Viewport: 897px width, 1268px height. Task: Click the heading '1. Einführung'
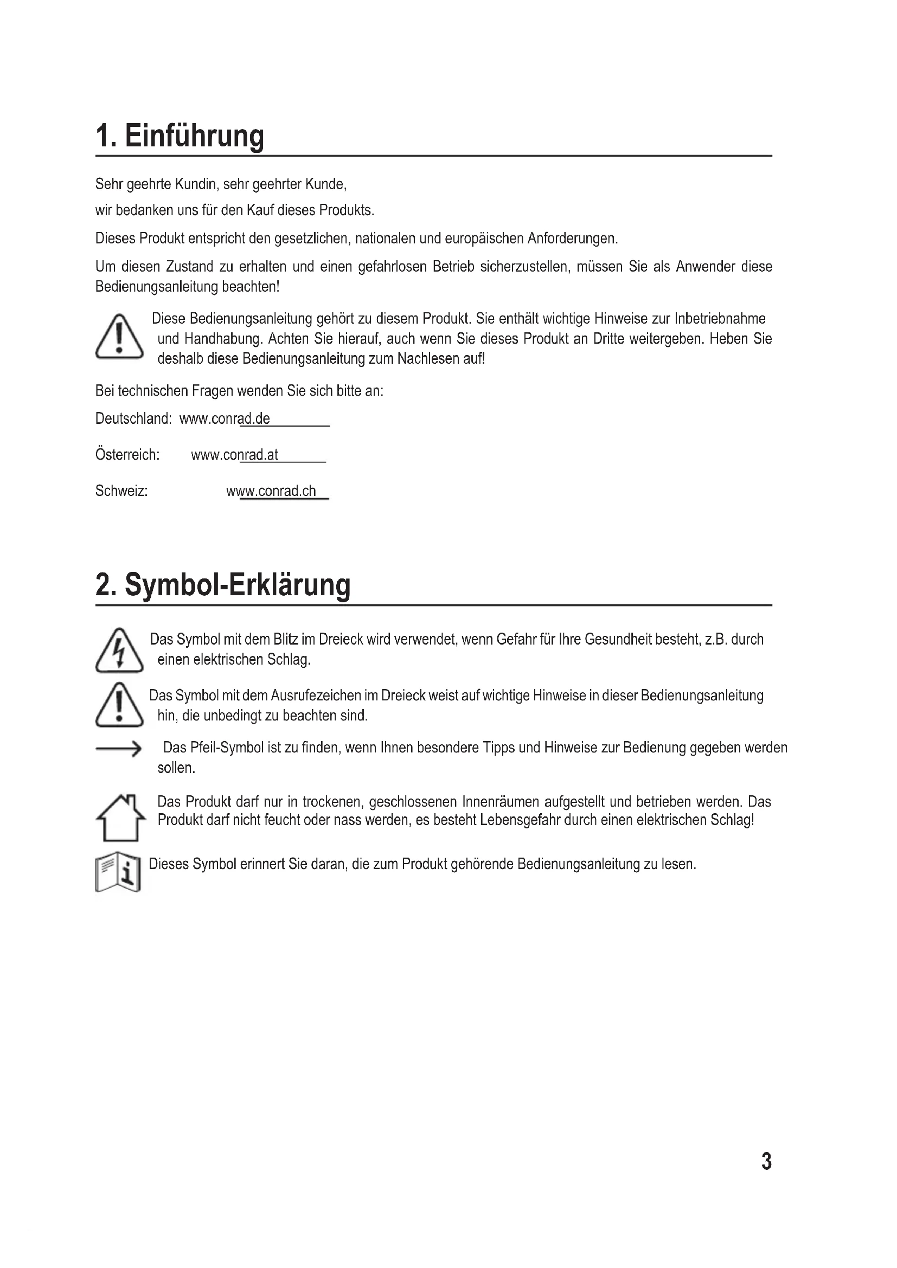point(180,136)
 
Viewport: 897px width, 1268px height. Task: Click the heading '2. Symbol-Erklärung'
point(222,585)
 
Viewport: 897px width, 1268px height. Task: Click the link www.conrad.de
point(225,419)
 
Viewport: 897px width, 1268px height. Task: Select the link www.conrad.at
point(235,455)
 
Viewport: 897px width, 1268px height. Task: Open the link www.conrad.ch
point(271,491)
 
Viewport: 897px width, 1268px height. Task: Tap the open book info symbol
point(118,874)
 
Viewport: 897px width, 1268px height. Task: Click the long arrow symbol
point(119,749)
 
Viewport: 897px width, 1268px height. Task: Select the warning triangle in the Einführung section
point(119,337)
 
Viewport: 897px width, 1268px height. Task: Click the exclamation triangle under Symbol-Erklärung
point(119,705)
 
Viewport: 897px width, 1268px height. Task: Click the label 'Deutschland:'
point(133,419)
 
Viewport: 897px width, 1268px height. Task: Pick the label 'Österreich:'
point(127,455)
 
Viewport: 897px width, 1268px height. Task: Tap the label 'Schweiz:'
point(121,491)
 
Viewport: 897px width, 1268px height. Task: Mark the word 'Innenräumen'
point(500,801)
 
